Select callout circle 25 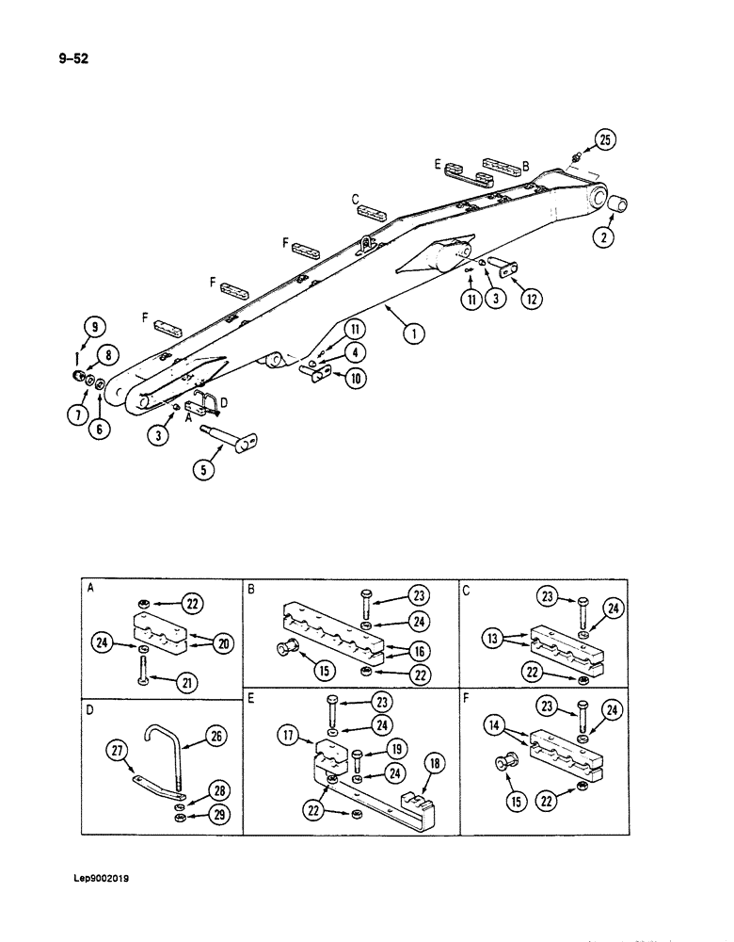point(604,141)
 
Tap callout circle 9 point(92,328)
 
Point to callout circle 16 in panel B point(419,650)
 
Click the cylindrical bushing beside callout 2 point(619,205)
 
